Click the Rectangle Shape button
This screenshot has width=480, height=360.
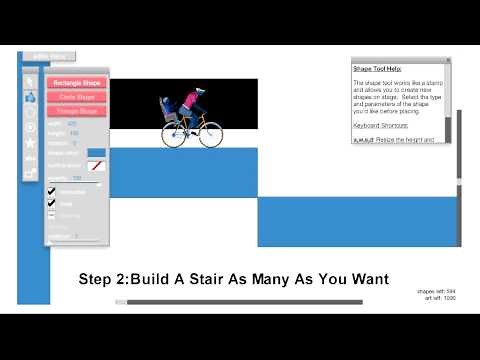click(75, 83)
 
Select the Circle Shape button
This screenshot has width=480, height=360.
click(75, 97)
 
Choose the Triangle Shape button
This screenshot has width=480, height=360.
click(75, 110)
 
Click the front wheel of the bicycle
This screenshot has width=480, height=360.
click(209, 135)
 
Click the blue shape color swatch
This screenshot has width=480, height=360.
click(96, 153)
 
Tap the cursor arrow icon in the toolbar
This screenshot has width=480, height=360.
click(30, 81)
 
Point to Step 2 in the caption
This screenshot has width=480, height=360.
click(101, 279)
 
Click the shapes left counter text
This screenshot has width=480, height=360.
click(435, 292)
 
